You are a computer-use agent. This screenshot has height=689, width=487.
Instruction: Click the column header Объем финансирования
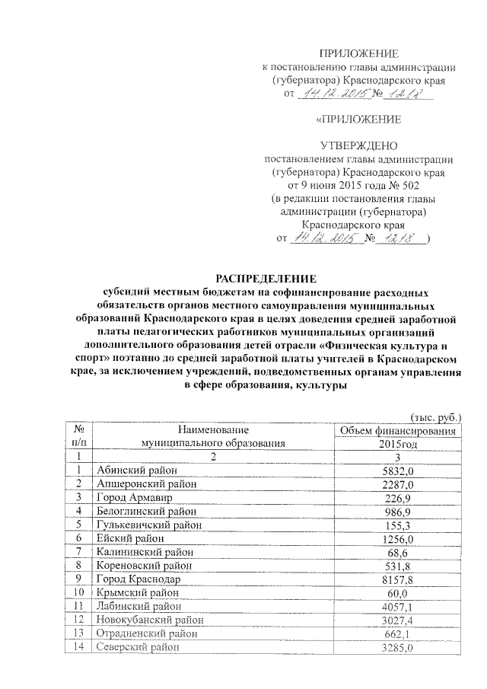(398, 432)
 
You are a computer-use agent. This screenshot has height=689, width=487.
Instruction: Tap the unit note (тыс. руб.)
(436, 416)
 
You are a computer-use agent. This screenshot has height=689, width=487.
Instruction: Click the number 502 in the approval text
(409, 184)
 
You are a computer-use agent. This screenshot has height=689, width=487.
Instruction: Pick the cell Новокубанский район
(145, 620)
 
